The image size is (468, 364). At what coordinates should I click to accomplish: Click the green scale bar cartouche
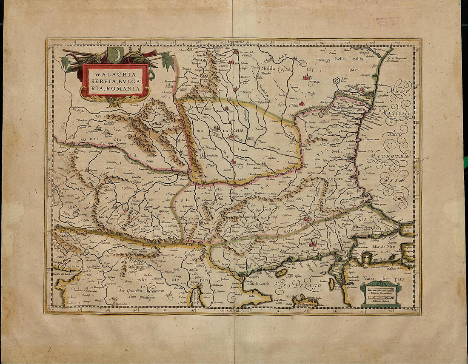coord(380,294)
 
